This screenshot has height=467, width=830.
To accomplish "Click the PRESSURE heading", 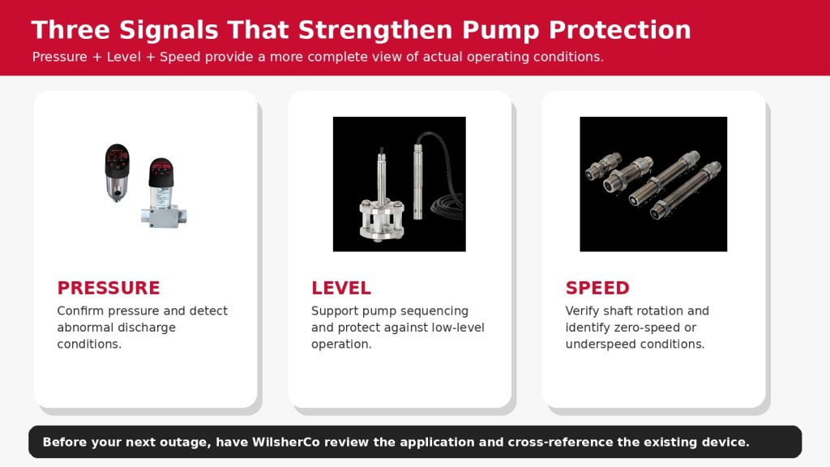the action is point(109,288).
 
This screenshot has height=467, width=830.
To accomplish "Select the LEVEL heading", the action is point(341,288).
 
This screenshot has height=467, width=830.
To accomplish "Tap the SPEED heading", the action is point(597,288).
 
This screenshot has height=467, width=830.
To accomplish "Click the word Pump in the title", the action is point(500,31).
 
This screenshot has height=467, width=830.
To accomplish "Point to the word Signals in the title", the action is point(169,31).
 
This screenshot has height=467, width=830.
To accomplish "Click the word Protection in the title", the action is point(620,30).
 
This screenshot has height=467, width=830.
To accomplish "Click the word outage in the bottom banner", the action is point(186,443).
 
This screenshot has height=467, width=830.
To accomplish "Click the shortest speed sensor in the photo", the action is point(603,165).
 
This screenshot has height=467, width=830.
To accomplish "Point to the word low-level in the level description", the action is point(458,328).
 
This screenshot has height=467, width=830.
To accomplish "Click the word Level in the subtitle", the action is point(124,57).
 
